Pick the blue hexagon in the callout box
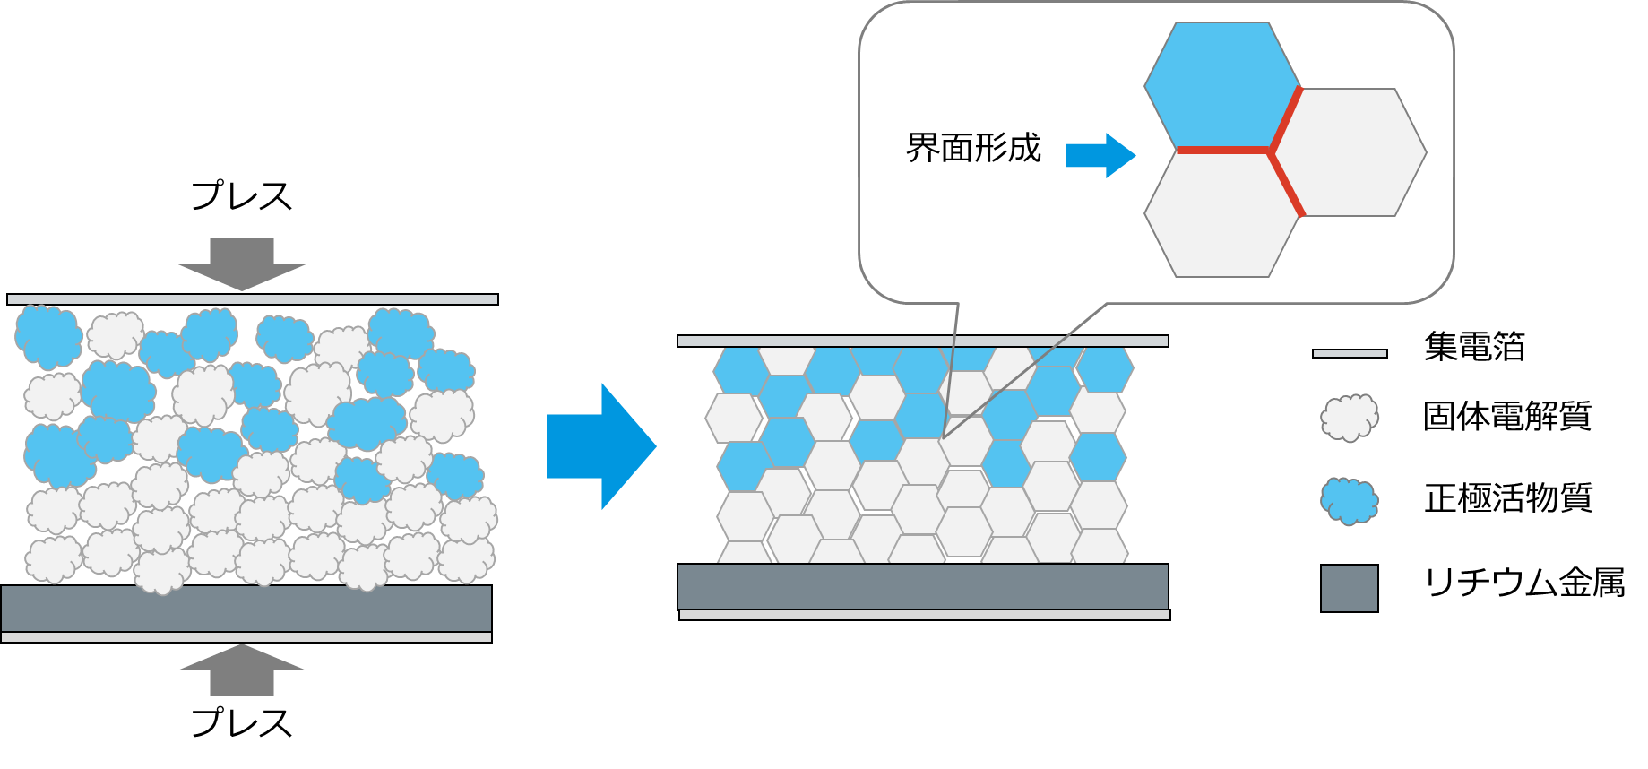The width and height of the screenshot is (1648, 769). [x=1221, y=84]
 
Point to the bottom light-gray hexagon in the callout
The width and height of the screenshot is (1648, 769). [x=1221, y=215]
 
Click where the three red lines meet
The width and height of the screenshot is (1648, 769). [x=1271, y=150]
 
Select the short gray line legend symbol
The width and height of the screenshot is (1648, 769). [x=1350, y=354]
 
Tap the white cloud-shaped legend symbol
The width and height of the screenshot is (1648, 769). [x=1350, y=418]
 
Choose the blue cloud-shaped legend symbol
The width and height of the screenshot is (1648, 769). [x=1350, y=500]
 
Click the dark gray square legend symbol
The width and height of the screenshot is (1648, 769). [x=1350, y=588]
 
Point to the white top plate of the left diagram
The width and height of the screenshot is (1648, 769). [x=260, y=282]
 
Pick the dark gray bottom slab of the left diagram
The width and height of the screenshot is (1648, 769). [x=246, y=609]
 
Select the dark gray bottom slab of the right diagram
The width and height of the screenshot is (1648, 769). [x=923, y=586]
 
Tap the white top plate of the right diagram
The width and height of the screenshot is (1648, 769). [x=930, y=325]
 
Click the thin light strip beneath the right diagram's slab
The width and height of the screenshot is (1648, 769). [x=925, y=615]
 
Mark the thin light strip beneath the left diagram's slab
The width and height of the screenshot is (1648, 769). [x=246, y=637]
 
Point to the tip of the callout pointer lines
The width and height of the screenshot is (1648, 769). [x=944, y=436]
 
